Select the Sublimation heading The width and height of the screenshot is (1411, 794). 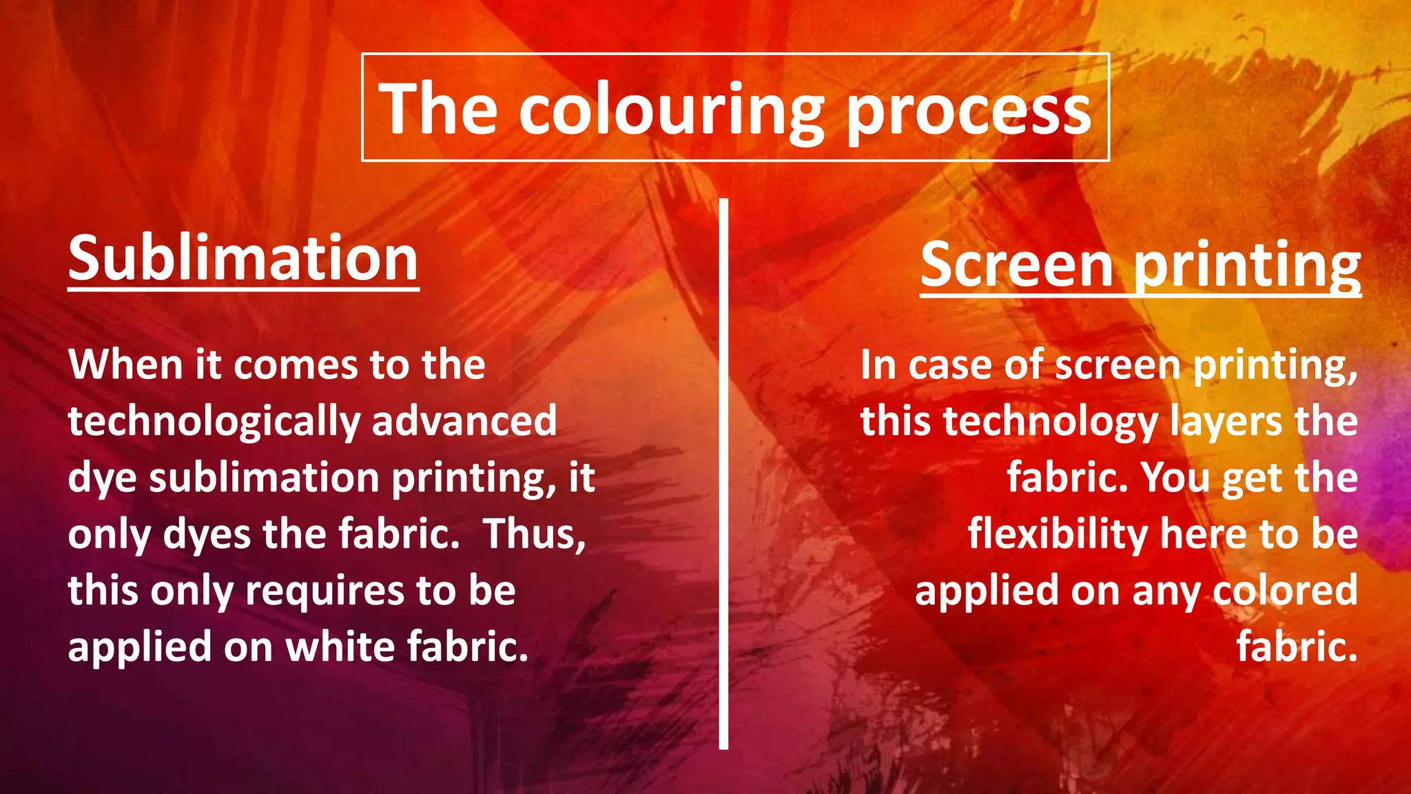243,258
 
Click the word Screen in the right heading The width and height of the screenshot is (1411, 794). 1017,265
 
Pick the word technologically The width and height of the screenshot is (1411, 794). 214,422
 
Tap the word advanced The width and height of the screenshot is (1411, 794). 464,421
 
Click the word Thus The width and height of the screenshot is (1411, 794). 534,534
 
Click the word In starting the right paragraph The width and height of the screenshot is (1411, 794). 878,365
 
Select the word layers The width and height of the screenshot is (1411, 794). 1227,422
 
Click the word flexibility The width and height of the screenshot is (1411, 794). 1058,534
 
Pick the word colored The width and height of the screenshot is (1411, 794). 1285,591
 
